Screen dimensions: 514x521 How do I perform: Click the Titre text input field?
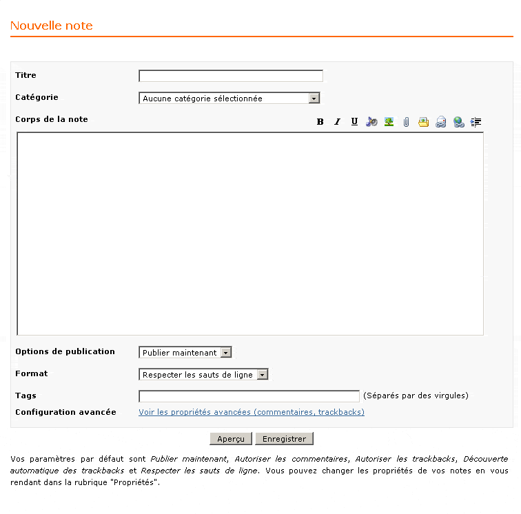coord(230,76)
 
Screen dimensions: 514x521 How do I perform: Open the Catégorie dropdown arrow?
coord(314,99)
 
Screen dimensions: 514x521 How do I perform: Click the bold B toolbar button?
coord(320,122)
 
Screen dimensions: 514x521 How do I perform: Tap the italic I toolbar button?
coord(338,122)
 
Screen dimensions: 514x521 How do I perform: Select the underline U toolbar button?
coord(354,122)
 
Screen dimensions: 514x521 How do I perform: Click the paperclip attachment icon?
coord(407,122)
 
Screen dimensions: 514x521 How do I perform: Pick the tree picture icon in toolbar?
coord(389,122)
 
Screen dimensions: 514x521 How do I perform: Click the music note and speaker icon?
coord(371,122)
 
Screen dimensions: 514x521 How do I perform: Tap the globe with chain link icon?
coord(459,122)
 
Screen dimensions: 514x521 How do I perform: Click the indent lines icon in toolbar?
coord(476,122)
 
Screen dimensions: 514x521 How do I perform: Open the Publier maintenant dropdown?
coord(185,353)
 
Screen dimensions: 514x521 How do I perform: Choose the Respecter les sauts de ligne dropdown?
coord(203,375)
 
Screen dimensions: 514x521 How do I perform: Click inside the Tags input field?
coord(249,396)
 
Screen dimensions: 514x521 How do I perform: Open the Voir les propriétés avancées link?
coord(252,412)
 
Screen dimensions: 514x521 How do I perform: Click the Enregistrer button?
coord(284,439)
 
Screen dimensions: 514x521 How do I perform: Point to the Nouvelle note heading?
coord(52,26)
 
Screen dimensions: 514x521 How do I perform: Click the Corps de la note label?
coord(52,119)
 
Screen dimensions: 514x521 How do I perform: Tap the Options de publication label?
coord(65,351)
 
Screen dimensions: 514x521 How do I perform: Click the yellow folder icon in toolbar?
coord(424,122)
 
